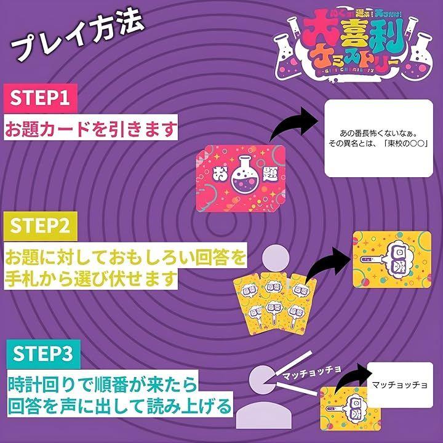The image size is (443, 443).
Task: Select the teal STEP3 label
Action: click(x=42, y=354)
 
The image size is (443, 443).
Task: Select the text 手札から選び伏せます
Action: click(x=90, y=278)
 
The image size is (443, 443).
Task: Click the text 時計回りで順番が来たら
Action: click(x=101, y=386)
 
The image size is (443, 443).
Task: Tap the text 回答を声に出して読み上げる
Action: click(x=121, y=407)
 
